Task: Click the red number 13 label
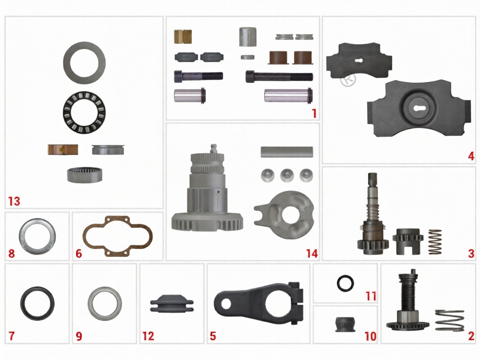(x=14, y=201)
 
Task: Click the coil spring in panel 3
(x=435, y=242)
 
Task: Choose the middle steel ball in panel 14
(x=287, y=175)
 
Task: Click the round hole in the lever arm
(x=226, y=304)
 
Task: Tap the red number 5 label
(x=213, y=336)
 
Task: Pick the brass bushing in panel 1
(x=183, y=36)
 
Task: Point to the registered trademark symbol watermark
(x=348, y=79)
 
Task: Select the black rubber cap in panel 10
(x=345, y=325)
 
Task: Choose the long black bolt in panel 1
(x=279, y=77)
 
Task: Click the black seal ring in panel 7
(x=23, y=303)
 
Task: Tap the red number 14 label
(x=312, y=253)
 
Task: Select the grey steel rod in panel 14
(x=287, y=152)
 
